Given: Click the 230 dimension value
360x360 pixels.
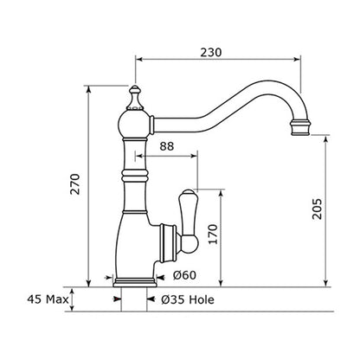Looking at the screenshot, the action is (x=211, y=52).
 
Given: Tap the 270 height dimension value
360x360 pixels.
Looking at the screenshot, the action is (x=75, y=184).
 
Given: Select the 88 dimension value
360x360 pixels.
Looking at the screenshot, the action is (x=167, y=146).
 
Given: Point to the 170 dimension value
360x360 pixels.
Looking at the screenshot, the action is (x=213, y=234).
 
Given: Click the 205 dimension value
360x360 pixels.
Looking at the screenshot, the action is (x=317, y=209).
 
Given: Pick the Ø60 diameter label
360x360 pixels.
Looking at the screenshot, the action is (x=184, y=275).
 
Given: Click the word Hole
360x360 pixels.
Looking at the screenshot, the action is (x=202, y=299).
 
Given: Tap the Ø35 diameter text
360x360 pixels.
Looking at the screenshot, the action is (x=173, y=299).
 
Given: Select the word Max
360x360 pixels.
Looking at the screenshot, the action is (x=57, y=299).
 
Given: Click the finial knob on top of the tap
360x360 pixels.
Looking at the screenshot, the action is (x=135, y=98).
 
